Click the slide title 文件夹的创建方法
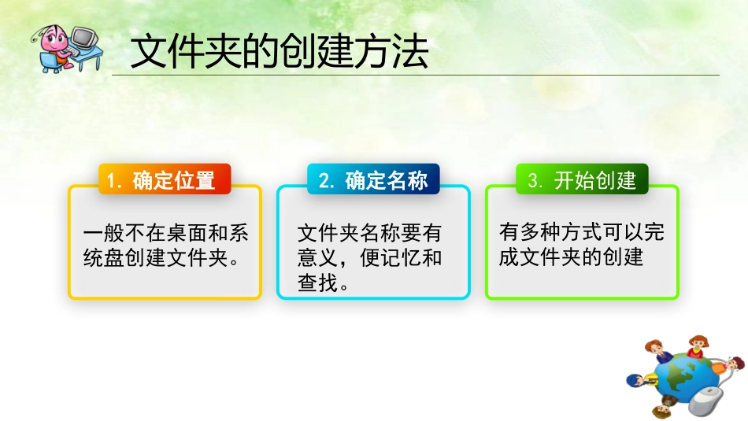(279, 53)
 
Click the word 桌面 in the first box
(185, 234)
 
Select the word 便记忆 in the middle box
(391, 257)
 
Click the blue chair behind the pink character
(46, 59)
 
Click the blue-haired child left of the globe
(636, 381)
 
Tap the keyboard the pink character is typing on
(73, 52)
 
